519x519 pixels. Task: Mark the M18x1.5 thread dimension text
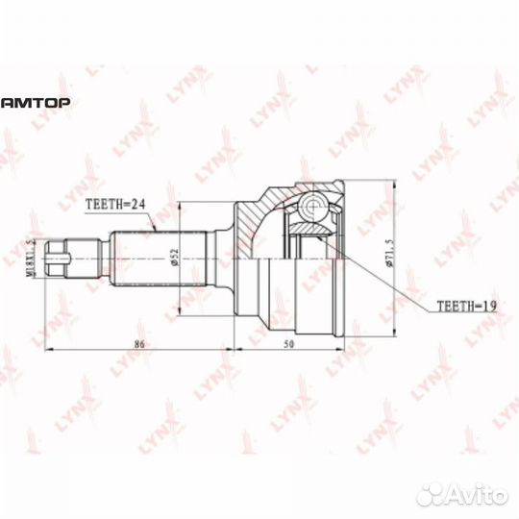point(30,257)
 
